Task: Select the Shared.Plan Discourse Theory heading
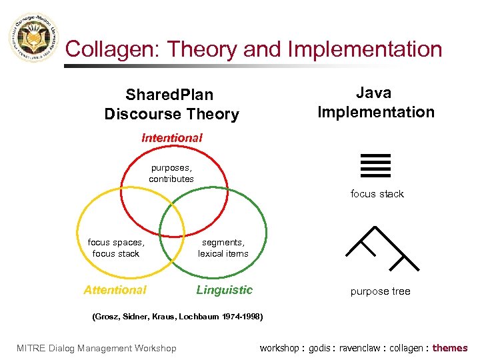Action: [x=171, y=105]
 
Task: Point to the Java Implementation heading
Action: [x=375, y=102]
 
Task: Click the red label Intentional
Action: [x=171, y=138]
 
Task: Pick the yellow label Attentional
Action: [x=115, y=290]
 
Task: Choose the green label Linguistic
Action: [x=224, y=290]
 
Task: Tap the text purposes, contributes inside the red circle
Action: [x=171, y=173]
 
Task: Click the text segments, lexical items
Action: [x=223, y=248]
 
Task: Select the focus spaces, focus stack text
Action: [x=116, y=248]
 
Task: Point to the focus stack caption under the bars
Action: [x=377, y=194]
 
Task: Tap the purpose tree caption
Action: [x=380, y=291]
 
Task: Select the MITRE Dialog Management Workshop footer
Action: [x=97, y=348]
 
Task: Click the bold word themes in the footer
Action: [x=450, y=348]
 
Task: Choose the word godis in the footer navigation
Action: [x=321, y=348]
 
